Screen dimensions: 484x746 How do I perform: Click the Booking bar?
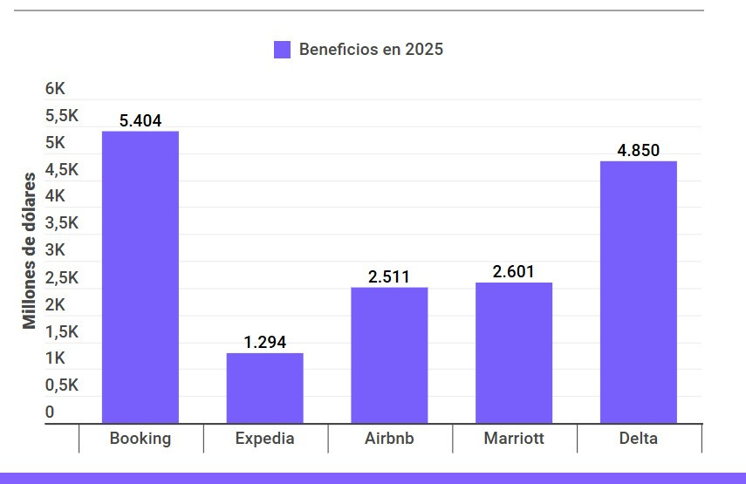click(140, 277)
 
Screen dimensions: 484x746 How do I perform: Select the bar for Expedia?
click(264, 388)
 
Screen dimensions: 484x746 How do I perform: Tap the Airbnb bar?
click(389, 355)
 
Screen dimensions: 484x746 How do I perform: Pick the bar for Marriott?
click(514, 352)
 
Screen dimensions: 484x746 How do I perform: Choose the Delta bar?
click(639, 292)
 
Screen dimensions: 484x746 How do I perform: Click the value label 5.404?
click(140, 121)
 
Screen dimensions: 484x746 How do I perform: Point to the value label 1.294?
click(264, 343)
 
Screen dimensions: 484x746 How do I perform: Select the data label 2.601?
click(514, 272)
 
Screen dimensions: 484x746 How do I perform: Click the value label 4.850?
click(639, 151)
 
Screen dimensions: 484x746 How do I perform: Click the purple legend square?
click(282, 50)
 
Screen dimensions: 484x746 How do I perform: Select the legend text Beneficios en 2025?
click(371, 50)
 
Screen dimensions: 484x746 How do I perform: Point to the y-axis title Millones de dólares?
click(31, 250)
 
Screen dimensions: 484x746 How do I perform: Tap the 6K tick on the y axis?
click(56, 89)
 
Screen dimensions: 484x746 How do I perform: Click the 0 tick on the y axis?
click(50, 412)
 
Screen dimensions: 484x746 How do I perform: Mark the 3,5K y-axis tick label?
click(62, 223)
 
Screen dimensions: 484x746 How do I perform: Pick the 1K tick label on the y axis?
click(56, 358)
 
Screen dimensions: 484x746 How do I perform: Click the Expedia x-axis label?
click(264, 439)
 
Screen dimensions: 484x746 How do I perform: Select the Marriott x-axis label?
click(514, 439)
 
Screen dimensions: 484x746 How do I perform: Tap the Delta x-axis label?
click(639, 439)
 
